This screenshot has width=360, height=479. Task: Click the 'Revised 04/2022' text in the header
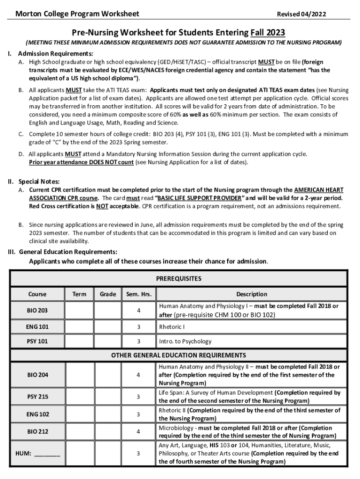(301, 14)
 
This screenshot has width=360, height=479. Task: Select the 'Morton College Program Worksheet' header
(77, 14)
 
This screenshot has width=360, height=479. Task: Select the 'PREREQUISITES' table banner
(179, 278)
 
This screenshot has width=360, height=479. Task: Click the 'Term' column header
(79, 294)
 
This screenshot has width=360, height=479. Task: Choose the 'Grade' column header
(108, 294)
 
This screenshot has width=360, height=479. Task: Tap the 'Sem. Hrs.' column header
(138, 294)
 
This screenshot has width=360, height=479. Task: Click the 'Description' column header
(252, 294)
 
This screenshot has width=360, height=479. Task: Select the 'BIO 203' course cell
(37, 310)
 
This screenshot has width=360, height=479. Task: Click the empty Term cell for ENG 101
(79, 327)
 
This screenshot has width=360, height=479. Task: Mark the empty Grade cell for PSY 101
(108, 341)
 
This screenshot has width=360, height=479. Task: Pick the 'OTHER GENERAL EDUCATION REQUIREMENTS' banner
(179, 355)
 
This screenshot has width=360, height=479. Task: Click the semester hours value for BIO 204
(138, 375)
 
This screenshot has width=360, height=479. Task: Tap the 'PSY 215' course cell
(37, 397)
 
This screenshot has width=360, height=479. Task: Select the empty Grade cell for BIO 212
(108, 432)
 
